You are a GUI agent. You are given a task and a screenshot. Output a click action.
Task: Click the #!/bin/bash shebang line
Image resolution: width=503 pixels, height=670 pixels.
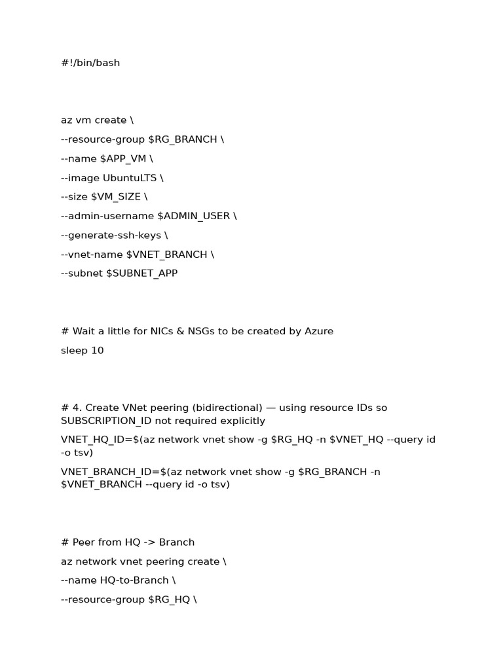90,63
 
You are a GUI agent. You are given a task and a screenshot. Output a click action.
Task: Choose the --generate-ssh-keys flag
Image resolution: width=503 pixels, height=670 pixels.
110,235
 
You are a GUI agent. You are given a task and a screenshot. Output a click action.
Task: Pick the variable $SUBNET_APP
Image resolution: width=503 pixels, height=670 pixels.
141,273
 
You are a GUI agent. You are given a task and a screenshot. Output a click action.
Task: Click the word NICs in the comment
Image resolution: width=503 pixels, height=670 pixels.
193,331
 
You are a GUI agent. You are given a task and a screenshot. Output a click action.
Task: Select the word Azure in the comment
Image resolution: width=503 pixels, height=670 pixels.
319,331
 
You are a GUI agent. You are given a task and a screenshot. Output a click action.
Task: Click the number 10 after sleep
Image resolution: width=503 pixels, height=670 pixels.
97,350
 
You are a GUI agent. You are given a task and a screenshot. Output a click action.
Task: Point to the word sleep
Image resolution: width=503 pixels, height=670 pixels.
73,350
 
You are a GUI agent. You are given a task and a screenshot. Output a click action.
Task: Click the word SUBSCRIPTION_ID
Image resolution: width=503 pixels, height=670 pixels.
105,421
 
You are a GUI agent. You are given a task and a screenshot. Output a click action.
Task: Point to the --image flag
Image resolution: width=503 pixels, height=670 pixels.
77,178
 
